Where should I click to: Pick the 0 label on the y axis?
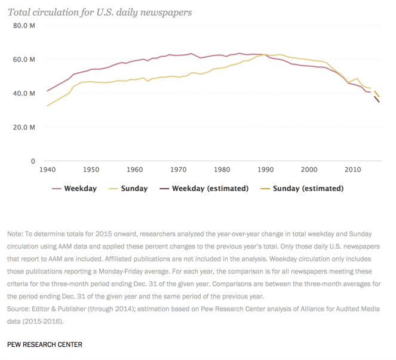[33, 161]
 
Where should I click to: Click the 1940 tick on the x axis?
[47, 170]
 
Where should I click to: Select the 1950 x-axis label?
[91, 170]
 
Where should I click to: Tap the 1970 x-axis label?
[178, 170]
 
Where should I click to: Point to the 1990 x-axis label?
[265, 170]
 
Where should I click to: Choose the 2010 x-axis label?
[352, 170]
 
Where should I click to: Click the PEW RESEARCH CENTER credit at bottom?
[45, 344]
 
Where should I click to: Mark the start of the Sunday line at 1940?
[47, 106]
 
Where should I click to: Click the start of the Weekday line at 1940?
[47, 91]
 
